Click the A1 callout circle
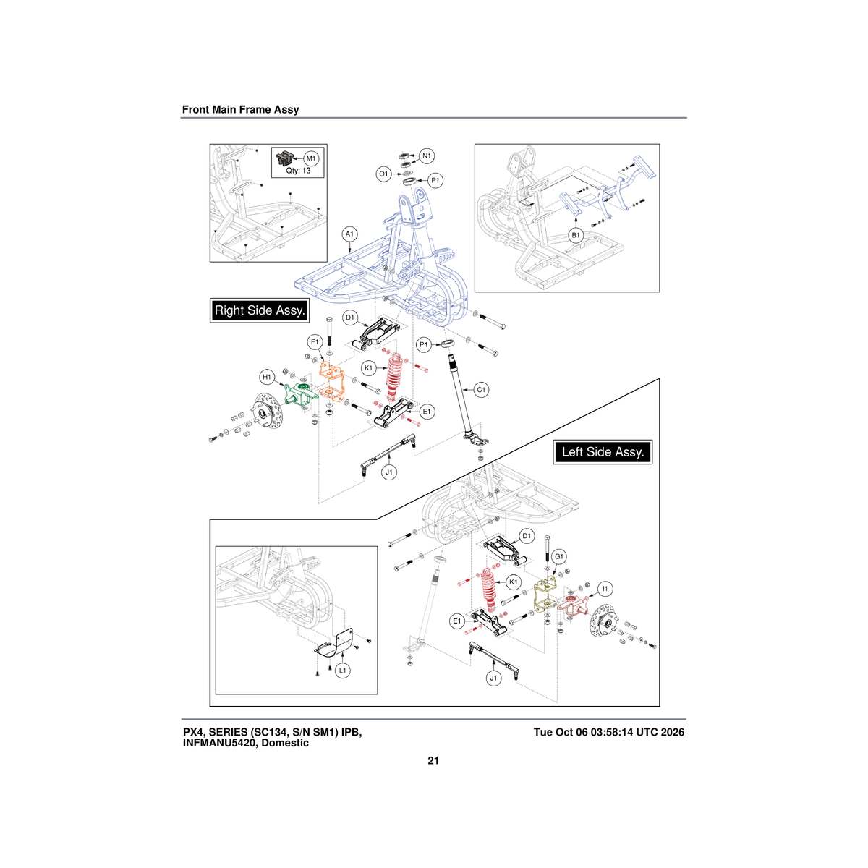tap(349, 234)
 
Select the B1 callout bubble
tap(575, 235)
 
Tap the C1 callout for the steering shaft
tap(481, 390)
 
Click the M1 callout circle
tap(311, 158)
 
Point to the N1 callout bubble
tap(427, 156)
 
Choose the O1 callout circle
tap(383, 174)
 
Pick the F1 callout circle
tap(315, 341)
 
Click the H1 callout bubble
tap(267, 377)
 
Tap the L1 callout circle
tap(343, 671)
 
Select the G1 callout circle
tap(558, 557)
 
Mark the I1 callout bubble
tap(605, 589)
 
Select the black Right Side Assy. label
tap(260, 310)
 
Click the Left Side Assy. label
tap(603, 452)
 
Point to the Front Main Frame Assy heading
tap(241, 109)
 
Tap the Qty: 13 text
tap(298, 171)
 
